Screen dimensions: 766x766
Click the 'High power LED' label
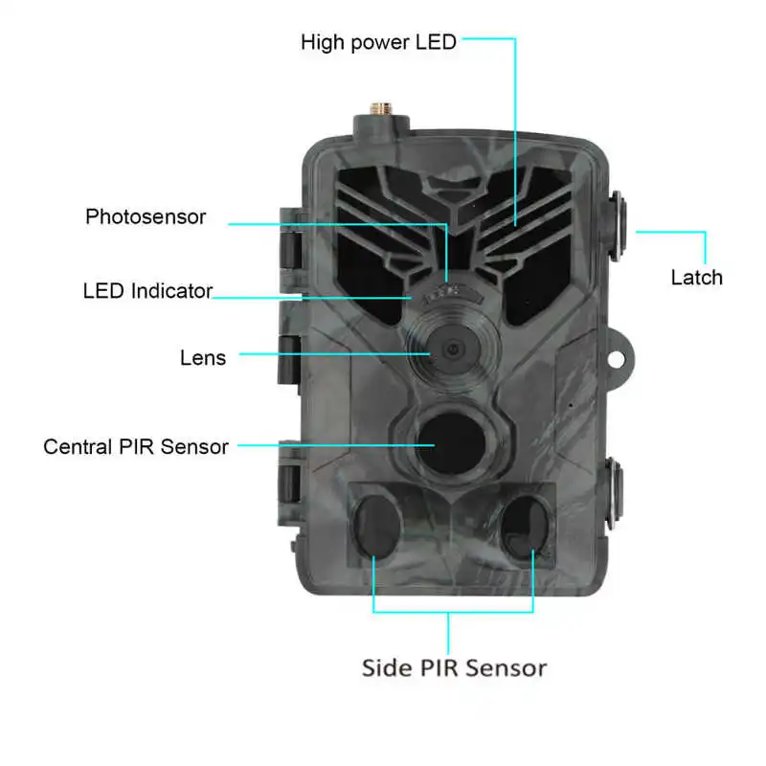coord(378,42)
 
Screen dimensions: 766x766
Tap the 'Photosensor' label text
coord(146,217)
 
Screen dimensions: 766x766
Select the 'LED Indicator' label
coord(147,291)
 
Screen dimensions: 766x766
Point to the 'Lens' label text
coord(203,358)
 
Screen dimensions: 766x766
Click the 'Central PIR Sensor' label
coord(136,447)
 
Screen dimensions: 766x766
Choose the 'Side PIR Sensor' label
coord(454,667)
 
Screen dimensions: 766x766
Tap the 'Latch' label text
coord(696,278)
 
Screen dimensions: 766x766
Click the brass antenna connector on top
coord(381,109)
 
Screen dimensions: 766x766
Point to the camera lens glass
coord(453,349)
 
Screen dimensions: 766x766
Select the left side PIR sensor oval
coord(377,527)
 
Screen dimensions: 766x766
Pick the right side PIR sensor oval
coord(526,528)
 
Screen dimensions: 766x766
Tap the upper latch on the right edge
coord(617,226)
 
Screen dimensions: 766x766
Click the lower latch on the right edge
coord(615,493)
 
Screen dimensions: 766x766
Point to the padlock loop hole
coord(616,360)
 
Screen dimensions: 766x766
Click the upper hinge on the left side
coord(292,239)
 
